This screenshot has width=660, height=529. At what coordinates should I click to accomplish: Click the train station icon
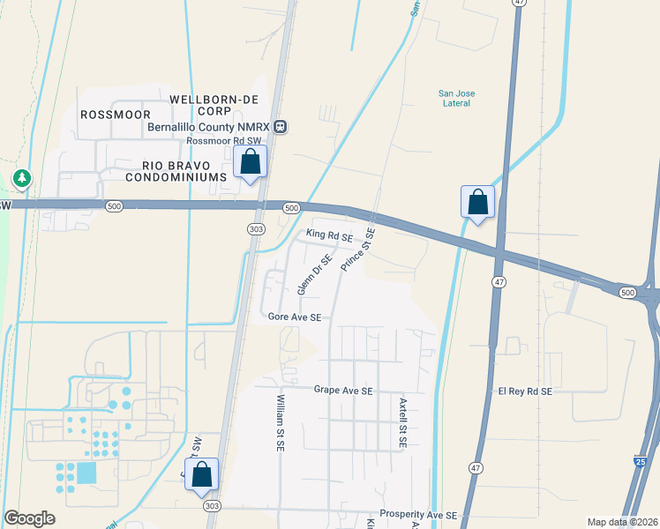281,127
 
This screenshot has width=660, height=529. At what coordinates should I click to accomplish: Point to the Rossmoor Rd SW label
225,141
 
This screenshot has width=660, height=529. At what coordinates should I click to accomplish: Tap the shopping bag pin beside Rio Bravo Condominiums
251,162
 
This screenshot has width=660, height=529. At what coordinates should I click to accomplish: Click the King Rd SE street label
329,236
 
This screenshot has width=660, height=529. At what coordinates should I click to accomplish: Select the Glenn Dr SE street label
313,273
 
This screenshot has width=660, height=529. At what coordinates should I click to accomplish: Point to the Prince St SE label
358,250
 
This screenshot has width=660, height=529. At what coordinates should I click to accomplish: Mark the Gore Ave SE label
295,317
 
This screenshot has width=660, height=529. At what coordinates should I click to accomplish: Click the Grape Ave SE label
343,390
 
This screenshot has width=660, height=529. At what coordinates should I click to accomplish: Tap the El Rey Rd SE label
525,391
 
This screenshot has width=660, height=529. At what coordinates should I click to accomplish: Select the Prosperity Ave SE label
419,514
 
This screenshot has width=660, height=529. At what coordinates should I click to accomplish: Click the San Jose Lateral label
454,98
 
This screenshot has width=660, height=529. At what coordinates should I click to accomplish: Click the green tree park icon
21,179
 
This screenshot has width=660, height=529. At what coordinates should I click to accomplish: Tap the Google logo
30,518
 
